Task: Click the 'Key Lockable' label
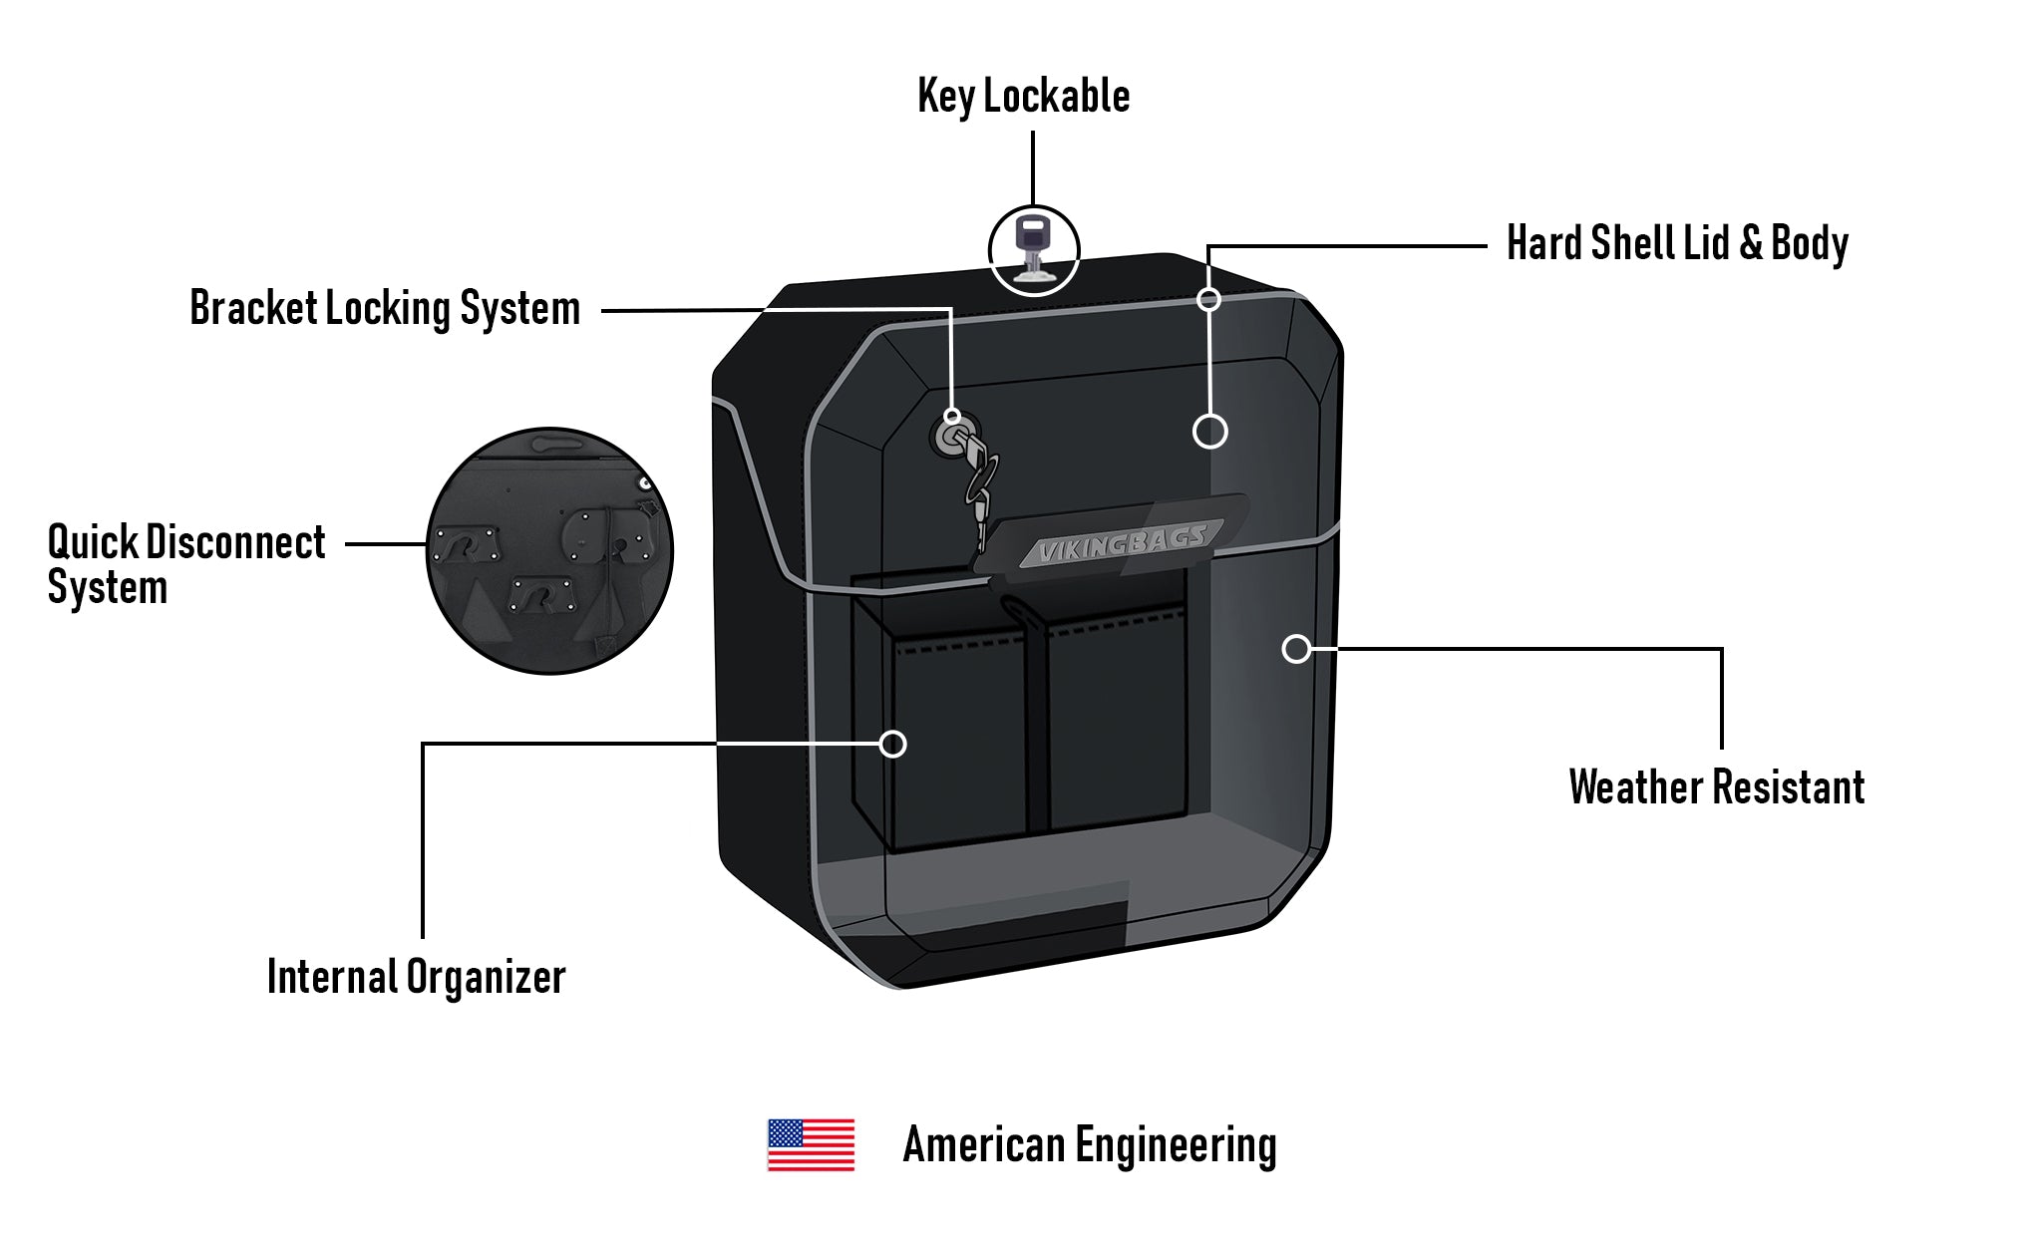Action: click(1023, 97)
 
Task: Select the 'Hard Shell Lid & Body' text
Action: click(1677, 243)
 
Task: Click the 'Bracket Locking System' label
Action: click(385, 308)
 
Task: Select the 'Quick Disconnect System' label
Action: click(186, 564)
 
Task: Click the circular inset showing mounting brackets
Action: click(549, 551)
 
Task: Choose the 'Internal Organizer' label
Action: click(416, 977)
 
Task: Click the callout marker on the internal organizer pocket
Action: click(893, 744)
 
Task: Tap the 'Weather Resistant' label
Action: click(1716, 787)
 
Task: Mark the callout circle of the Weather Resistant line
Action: click(1295, 649)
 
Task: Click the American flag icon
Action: click(811, 1144)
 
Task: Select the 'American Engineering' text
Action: click(1089, 1145)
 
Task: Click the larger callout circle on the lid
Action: click(1209, 432)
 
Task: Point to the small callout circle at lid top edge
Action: click(1208, 299)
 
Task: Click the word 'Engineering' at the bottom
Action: click(1176, 1145)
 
